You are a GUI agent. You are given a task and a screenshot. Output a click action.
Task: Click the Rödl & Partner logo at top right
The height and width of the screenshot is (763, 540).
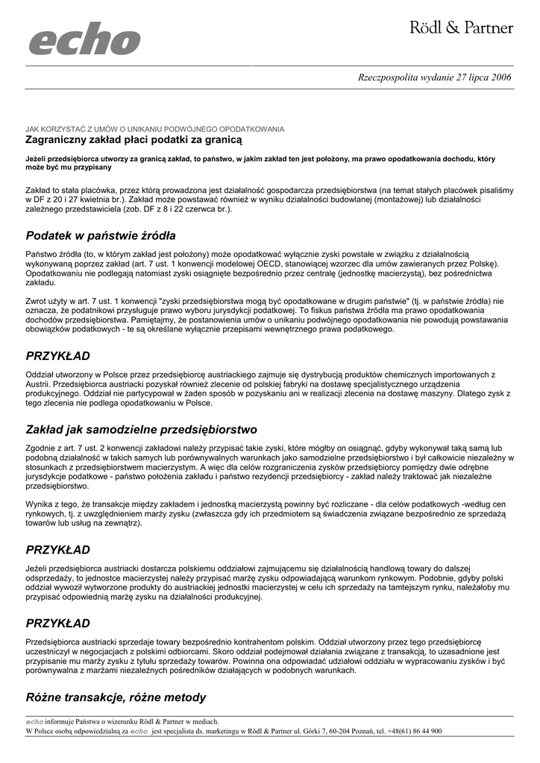point(461,28)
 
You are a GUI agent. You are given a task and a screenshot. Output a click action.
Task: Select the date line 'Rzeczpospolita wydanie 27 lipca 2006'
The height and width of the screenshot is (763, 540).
point(435,77)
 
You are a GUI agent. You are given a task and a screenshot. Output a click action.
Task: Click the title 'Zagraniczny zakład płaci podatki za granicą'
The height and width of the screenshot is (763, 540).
point(134,139)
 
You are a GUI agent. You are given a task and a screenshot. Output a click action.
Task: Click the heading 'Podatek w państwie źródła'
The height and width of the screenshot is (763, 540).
point(101,236)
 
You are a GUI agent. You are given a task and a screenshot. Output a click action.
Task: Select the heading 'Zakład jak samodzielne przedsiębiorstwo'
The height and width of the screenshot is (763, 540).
point(141,430)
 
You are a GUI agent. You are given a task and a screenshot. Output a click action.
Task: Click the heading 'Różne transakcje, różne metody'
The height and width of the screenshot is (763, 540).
point(116,697)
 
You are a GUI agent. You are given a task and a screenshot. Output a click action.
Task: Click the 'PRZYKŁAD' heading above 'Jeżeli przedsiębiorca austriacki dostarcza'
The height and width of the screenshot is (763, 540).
point(57,549)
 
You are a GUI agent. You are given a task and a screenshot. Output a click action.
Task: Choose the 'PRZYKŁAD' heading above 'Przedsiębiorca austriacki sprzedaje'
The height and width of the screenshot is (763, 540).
point(57,623)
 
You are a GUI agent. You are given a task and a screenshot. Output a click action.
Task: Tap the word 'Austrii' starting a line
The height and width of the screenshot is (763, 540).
point(38,384)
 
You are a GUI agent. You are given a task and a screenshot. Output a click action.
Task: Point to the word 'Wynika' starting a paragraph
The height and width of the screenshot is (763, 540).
point(39,504)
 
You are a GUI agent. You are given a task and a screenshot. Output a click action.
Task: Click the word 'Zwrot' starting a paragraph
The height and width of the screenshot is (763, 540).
point(37,301)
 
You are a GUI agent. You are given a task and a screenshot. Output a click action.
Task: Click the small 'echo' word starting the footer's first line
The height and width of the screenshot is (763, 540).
point(35,721)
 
